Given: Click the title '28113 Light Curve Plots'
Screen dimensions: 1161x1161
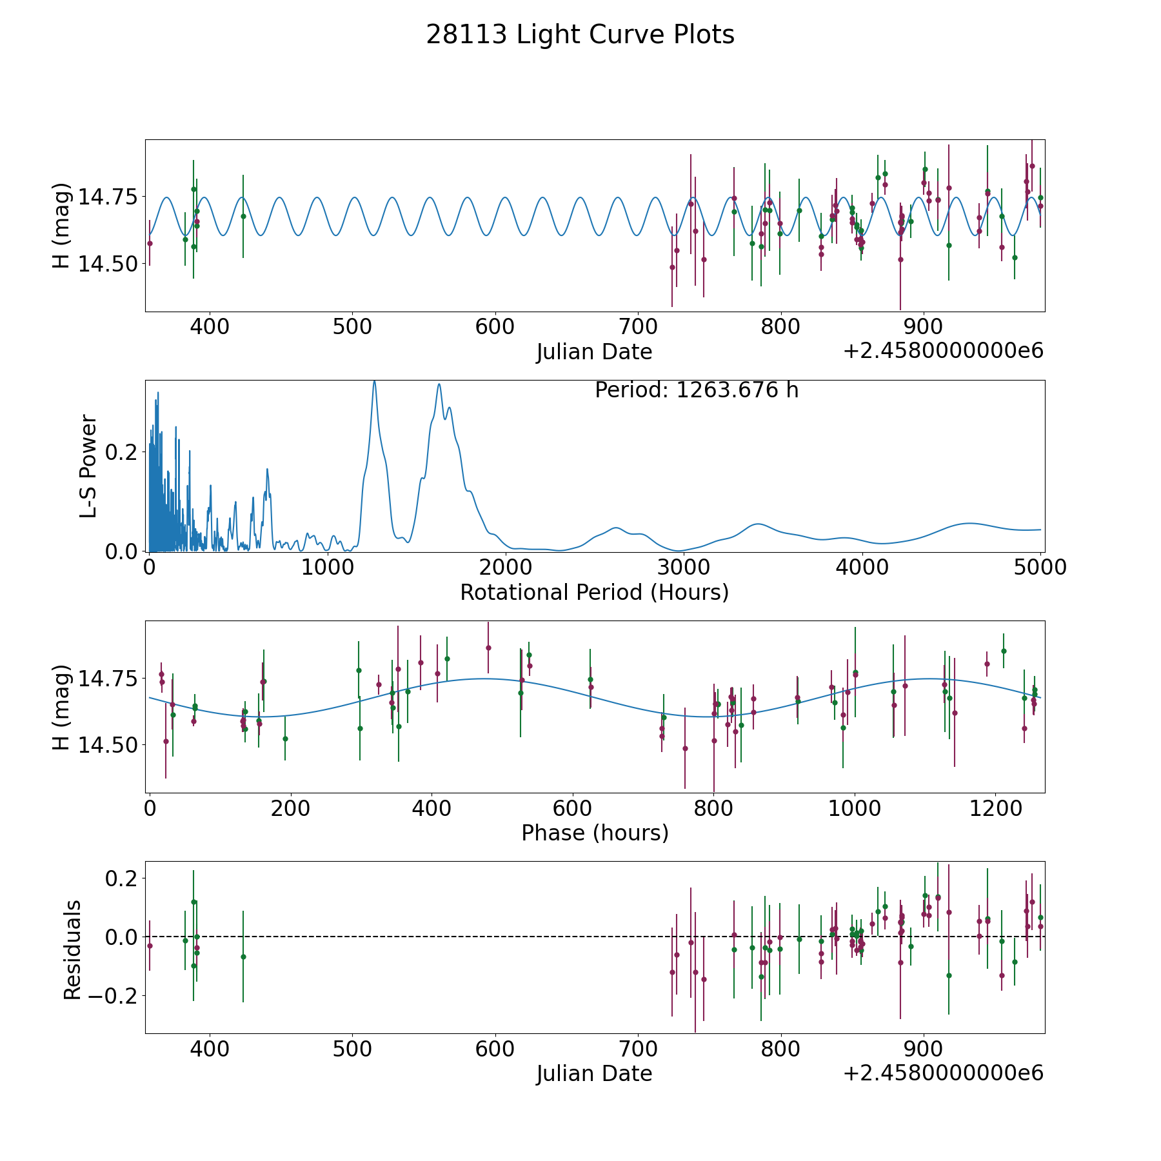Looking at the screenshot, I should tap(580, 35).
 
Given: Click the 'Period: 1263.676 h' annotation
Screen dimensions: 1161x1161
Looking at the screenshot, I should tap(697, 390).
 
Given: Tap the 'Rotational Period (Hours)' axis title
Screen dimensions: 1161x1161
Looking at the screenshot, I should tap(594, 592).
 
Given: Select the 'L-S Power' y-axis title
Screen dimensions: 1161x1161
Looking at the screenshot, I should tap(88, 466).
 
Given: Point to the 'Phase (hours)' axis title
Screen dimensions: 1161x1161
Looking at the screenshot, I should tap(595, 833).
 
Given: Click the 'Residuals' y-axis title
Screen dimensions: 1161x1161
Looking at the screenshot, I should tap(72, 949).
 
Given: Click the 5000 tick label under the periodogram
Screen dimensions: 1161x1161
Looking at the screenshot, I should tap(1040, 567).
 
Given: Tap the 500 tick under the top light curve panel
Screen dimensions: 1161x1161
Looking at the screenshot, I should tap(352, 326).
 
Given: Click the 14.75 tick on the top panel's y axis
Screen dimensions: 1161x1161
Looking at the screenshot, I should tap(108, 197).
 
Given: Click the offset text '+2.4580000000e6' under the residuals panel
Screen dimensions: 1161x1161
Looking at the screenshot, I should tap(943, 1073).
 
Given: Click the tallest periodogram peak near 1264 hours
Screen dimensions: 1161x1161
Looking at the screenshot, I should tap(374, 382).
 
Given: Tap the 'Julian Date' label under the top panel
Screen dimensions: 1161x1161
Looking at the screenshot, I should tap(594, 352).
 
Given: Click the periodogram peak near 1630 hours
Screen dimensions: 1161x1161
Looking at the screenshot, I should tap(439, 384).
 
